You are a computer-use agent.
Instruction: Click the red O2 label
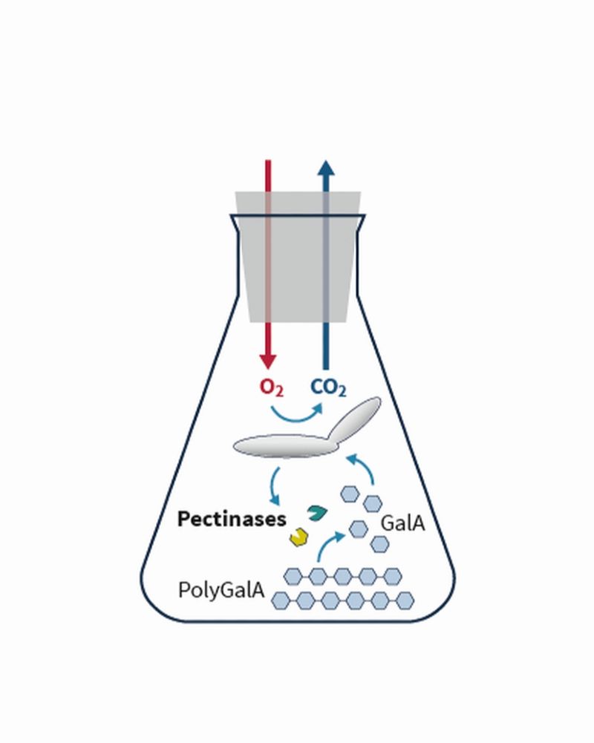pyautogui.click(x=272, y=387)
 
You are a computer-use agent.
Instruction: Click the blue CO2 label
pyautogui.click(x=328, y=387)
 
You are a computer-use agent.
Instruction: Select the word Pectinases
pyautogui.click(x=232, y=519)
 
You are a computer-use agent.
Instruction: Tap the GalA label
pyautogui.click(x=402, y=523)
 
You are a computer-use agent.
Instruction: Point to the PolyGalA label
pyautogui.click(x=221, y=590)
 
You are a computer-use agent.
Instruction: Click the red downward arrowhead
pyautogui.click(x=268, y=361)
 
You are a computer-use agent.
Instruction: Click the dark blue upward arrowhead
pyautogui.click(x=326, y=168)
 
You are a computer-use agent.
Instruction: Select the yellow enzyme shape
pyautogui.click(x=299, y=537)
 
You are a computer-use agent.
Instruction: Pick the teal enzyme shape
pyautogui.click(x=316, y=512)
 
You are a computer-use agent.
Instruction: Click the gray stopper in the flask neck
pyautogui.click(x=298, y=257)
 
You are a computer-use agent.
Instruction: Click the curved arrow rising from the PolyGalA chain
pyautogui.click(x=327, y=544)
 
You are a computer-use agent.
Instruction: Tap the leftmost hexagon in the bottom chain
pyautogui.click(x=280, y=600)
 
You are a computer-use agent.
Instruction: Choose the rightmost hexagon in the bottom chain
pyautogui.click(x=405, y=600)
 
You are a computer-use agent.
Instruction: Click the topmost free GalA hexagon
pyautogui.click(x=350, y=494)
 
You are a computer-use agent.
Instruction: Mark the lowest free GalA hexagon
pyautogui.click(x=379, y=545)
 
